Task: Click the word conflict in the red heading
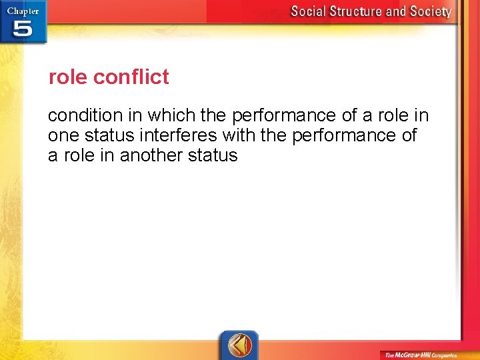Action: pos(131,77)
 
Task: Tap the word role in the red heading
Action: pos(68,77)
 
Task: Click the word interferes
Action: pos(177,136)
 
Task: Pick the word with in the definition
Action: pos(238,136)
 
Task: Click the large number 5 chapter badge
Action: pos(22,29)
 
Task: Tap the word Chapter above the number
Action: pos(23,11)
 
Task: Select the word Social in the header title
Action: pos(312,11)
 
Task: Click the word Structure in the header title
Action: pos(365,11)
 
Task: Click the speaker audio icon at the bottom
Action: pos(239,345)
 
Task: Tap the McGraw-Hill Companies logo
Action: pos(419,355)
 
